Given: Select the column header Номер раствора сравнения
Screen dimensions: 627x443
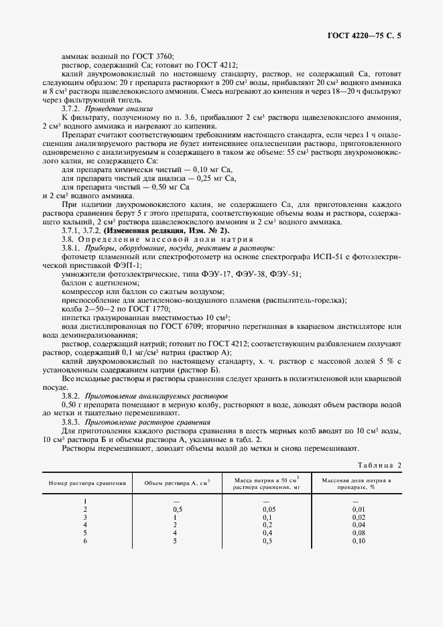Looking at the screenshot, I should [x=86, y=483].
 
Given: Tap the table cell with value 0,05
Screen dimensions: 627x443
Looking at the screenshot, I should [x=267, y=509].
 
